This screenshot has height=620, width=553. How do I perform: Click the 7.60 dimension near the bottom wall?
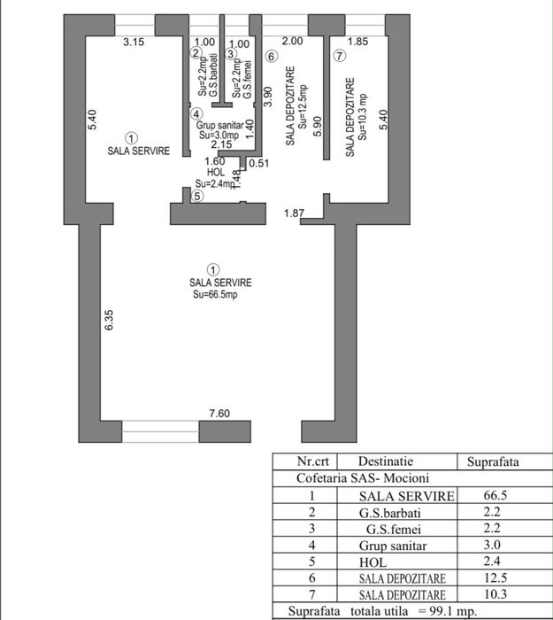click(x=219, y=414)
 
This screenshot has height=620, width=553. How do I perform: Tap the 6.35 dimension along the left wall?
click(x=109, y=320)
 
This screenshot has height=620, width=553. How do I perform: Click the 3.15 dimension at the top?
click(x=134, y=42)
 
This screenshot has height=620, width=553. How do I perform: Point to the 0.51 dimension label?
click(x=259, y=163)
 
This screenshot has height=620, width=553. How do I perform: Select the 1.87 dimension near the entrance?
click(x=295, y=213)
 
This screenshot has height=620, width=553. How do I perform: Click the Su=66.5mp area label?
click(x=215, y=295)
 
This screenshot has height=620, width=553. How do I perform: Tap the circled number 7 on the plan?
click(x=339, y=56)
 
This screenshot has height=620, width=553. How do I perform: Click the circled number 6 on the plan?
click(x=271, y=57)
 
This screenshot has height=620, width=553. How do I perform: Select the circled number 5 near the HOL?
click(x=197, y=196)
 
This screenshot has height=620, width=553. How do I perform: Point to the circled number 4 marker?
click(x=196, y=114)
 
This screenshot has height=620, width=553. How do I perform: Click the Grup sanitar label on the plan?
click(x=219, y=126)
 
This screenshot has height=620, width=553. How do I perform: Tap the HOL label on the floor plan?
click(x=216, y=172)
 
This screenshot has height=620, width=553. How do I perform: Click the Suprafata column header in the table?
click(x=493, y=461)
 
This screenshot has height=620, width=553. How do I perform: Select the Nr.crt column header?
click(x=313, y=461)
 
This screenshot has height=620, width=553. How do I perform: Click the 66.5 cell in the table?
click(x=495, y=495)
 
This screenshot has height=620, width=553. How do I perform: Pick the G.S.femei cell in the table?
click(x=394, y=529)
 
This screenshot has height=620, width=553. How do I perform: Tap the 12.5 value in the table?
click(x=495, y=578)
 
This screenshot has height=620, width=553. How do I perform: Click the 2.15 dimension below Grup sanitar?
click(x=221, y=144)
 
